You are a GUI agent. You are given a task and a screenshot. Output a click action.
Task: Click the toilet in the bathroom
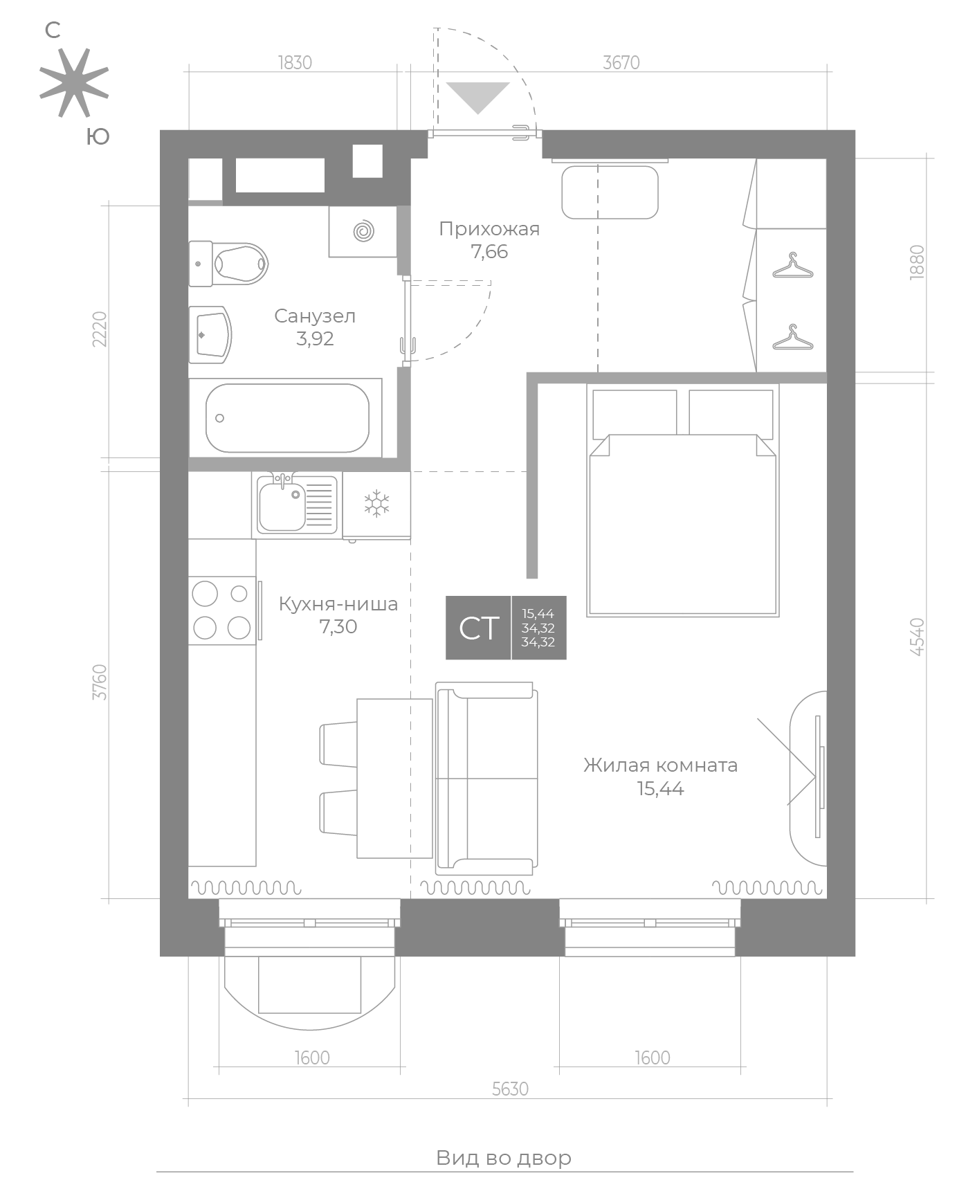coord(228,264)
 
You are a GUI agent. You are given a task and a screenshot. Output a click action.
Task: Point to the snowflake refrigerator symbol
coord(377,503)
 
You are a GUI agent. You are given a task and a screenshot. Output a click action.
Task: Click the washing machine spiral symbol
coord(363,231)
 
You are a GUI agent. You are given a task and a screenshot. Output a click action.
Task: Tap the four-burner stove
coord(222,610)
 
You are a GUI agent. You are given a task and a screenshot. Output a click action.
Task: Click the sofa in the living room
coord(486,778)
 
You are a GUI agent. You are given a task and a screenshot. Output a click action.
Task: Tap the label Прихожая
coord(489,229)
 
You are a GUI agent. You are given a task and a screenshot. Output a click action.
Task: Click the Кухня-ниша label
coord(338,604)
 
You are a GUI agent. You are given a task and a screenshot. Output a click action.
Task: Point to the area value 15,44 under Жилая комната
coord(660,788)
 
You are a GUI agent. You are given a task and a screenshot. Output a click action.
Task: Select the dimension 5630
coord(510,1089)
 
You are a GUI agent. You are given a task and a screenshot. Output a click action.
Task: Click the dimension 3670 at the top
coord(621,63)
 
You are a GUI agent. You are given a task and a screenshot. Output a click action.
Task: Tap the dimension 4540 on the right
coord(918,637)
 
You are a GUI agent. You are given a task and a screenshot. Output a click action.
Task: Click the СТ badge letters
coord(479,628)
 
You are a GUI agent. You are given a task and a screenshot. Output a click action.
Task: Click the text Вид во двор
coord(504,1158)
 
